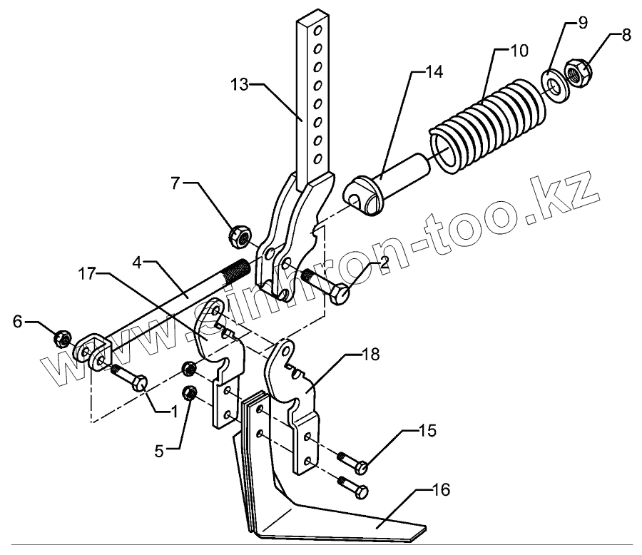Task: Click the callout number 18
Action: click(x=370, y=355)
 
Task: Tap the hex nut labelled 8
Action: click(x=576, y=71)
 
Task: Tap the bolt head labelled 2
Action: click(x=341, y=292)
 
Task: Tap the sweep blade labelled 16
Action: click(x=342, y=521)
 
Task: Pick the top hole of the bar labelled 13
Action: click(x=318, y=30)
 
